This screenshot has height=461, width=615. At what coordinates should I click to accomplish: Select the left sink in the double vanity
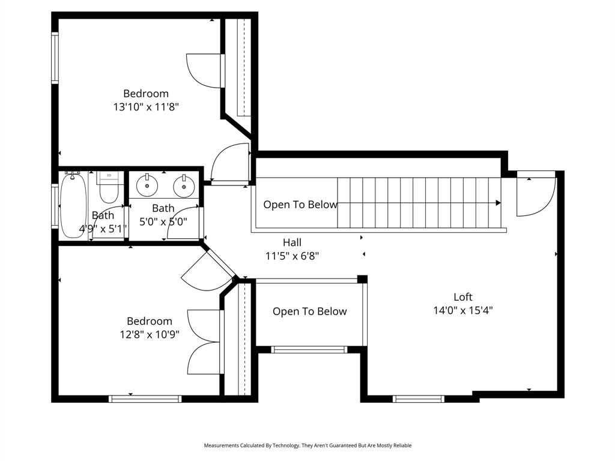coord(146,185)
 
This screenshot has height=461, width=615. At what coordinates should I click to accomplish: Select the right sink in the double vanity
coord(183,185)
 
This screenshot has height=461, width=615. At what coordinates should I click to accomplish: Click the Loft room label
coord(462,297)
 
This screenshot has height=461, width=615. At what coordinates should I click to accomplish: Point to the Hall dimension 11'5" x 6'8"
coord(292,256)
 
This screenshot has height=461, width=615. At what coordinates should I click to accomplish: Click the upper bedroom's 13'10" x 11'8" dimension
coord(146,107)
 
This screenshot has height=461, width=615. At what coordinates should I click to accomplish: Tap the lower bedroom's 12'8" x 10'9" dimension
coord(149,334)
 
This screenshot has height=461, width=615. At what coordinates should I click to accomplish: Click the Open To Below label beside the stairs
coord(300,205)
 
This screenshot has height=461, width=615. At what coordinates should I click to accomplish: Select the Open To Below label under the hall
coord(309,312)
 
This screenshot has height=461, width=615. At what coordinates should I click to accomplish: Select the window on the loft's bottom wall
coord(418,399)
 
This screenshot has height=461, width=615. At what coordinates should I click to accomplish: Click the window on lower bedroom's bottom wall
coord(145,399)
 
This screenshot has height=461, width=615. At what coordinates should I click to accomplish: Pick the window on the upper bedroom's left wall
coord(55,58)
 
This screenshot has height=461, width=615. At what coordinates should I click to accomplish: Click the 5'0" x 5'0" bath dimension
coord(163,221)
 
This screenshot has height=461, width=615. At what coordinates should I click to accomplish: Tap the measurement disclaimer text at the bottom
coord(307,445)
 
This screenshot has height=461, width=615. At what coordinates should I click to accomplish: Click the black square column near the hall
coord(362,279)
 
